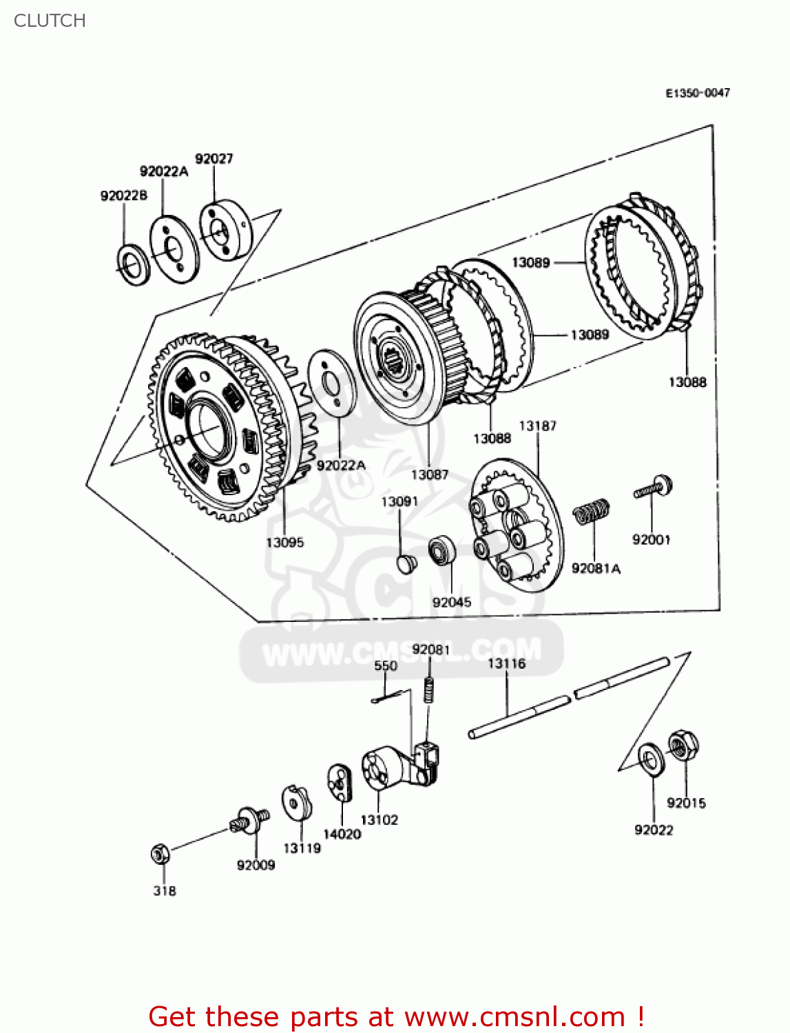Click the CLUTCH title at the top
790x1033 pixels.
(x=50, y=21)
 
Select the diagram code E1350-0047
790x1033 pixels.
(x=697, y=93)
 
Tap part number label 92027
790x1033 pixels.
(x=214, y=158)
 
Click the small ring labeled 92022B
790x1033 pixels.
(x=133, y=264)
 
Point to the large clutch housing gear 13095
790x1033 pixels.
(x=220, y=427)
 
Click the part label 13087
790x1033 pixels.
(x=429, y=474)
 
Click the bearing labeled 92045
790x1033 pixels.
(x=442, y=551)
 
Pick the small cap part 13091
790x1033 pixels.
(x=407, y=563)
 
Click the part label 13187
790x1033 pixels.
(x=537, y=426)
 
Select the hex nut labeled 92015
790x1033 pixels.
(x=683, y=745)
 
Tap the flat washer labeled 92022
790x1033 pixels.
(x=651, y=760)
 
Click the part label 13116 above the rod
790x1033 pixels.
(x=506, y=663)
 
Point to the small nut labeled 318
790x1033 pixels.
(x=160, y=855)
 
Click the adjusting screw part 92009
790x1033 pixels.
(x=248, y=820)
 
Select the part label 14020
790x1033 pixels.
(x=342, y=834)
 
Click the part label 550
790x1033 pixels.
(x=386, y=665)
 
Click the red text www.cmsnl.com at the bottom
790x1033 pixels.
(x=514, y=1016)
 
